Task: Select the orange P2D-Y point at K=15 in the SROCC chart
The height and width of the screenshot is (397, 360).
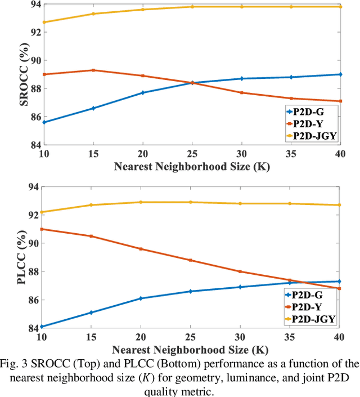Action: coord(93,70)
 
